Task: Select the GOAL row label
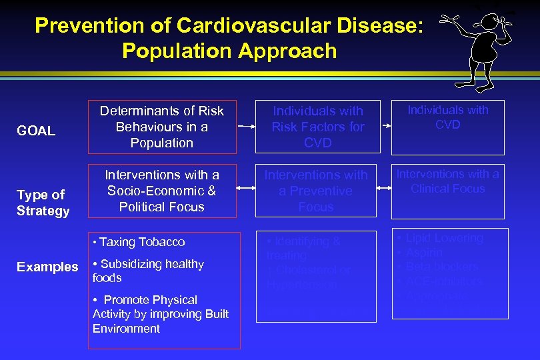point(36,131)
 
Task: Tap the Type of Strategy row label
point(43,203)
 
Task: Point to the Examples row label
point(47,267)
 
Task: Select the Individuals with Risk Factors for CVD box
point(317,127)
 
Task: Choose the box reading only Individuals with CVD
point(448,117)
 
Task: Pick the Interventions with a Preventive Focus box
point(316,191)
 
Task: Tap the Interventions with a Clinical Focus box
point(448,182)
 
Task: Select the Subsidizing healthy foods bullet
point(148,271)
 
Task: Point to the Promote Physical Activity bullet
point(160,314)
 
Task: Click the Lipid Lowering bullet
point(443,238)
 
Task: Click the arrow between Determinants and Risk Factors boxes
point(247,126)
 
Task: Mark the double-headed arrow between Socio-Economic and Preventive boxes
point(247,190)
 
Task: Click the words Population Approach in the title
point(229,51)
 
